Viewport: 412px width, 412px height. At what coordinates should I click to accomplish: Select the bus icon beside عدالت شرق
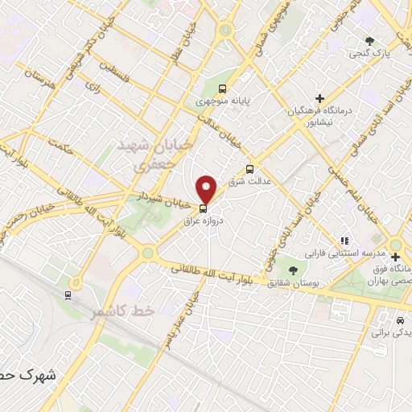(249, 170)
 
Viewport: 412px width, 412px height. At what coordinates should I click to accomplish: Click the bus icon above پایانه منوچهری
(222, 89)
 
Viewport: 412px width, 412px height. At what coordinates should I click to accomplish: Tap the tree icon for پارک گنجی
(369, 40)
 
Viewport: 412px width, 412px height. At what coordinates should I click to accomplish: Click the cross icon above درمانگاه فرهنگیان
(320, 98)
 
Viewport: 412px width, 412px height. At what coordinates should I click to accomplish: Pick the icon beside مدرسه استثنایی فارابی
(345, 240)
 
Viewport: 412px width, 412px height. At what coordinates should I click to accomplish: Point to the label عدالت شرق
(245, 183)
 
